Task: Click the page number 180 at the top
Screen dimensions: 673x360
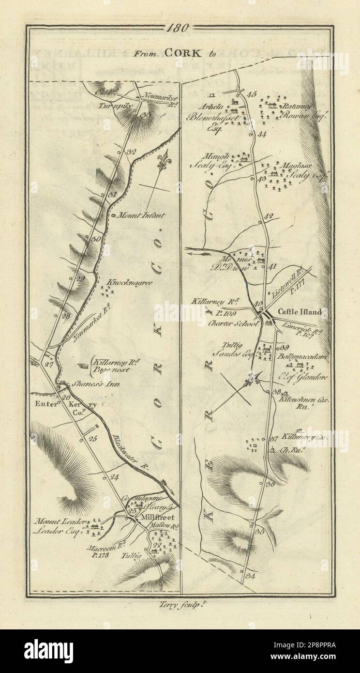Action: coord(180,28)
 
